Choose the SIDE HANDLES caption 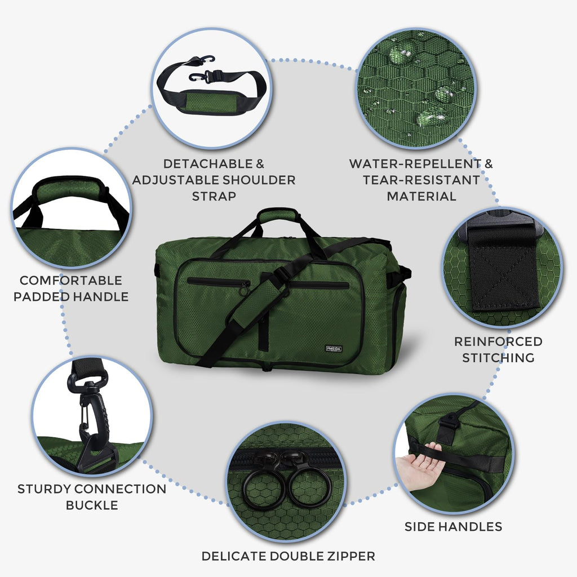pyautogui.click(x=453, y=527)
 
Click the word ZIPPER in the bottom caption pyautogui.click(x=349, y=556)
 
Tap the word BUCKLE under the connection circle pyautogui.click(x=92, y=504)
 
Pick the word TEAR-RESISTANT pyautogui.click(x=421, y=180)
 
